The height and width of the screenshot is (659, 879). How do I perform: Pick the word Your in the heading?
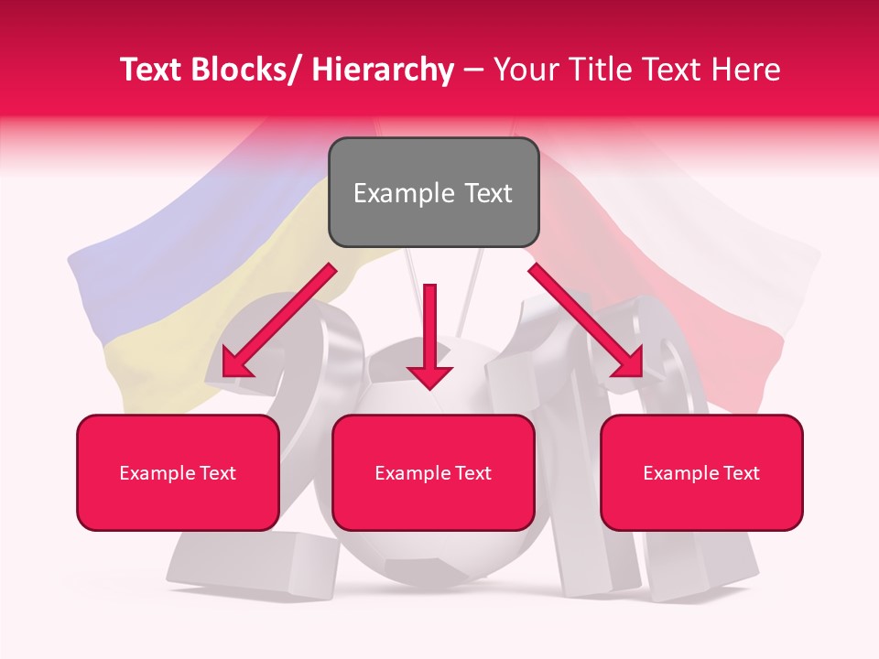pos(525,70)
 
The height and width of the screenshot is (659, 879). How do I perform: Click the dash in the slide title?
pos(473,70)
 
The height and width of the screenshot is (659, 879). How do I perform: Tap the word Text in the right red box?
pos(741,473)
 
